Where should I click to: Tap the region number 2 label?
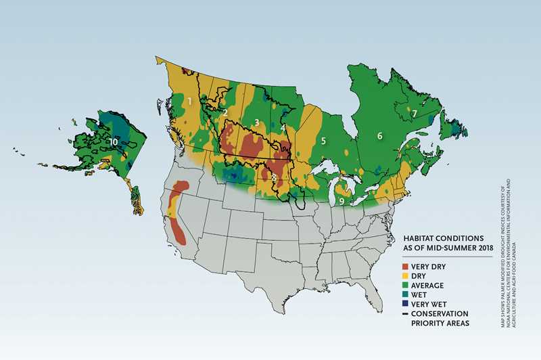[x=225, y=112]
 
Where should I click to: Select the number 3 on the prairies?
[x=256, y=122]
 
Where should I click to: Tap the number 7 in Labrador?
[x=415, y=113]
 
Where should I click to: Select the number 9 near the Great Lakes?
[x=342, y=201]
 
